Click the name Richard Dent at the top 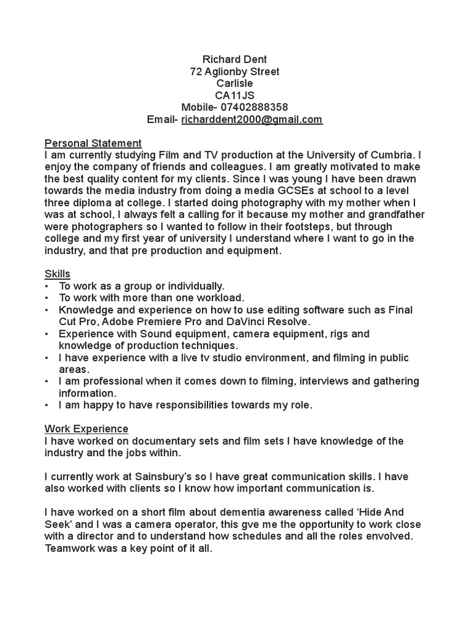tap(234, 59)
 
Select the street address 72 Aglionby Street tap(234, 72)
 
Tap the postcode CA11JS tap(234, 96)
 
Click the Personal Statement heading tap(93, 144)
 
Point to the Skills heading tap(58, 274)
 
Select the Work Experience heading tap(86, 429)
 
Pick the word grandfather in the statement tap(394, 215)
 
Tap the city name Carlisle tap(234, 83)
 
